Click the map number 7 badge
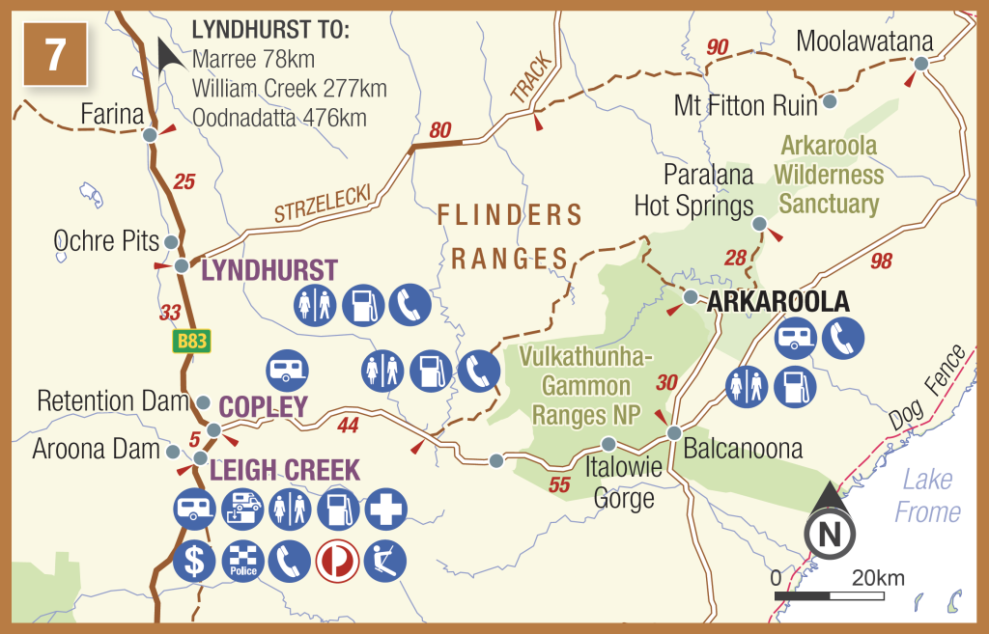(55, 53)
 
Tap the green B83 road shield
(191, 341)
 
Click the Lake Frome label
(927, 495)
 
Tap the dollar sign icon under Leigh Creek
(194, 561)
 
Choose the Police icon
(241, 561)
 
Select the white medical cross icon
(385, 509)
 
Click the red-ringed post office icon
(337, 561)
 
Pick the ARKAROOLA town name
(778, 301)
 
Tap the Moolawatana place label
(865, 41)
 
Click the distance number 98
(880, 262)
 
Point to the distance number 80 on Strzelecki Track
(439, 130)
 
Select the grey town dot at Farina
(150, 136)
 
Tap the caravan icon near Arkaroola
(797, 338)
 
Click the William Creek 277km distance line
(290, 89)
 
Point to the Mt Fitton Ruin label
(746, 105)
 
